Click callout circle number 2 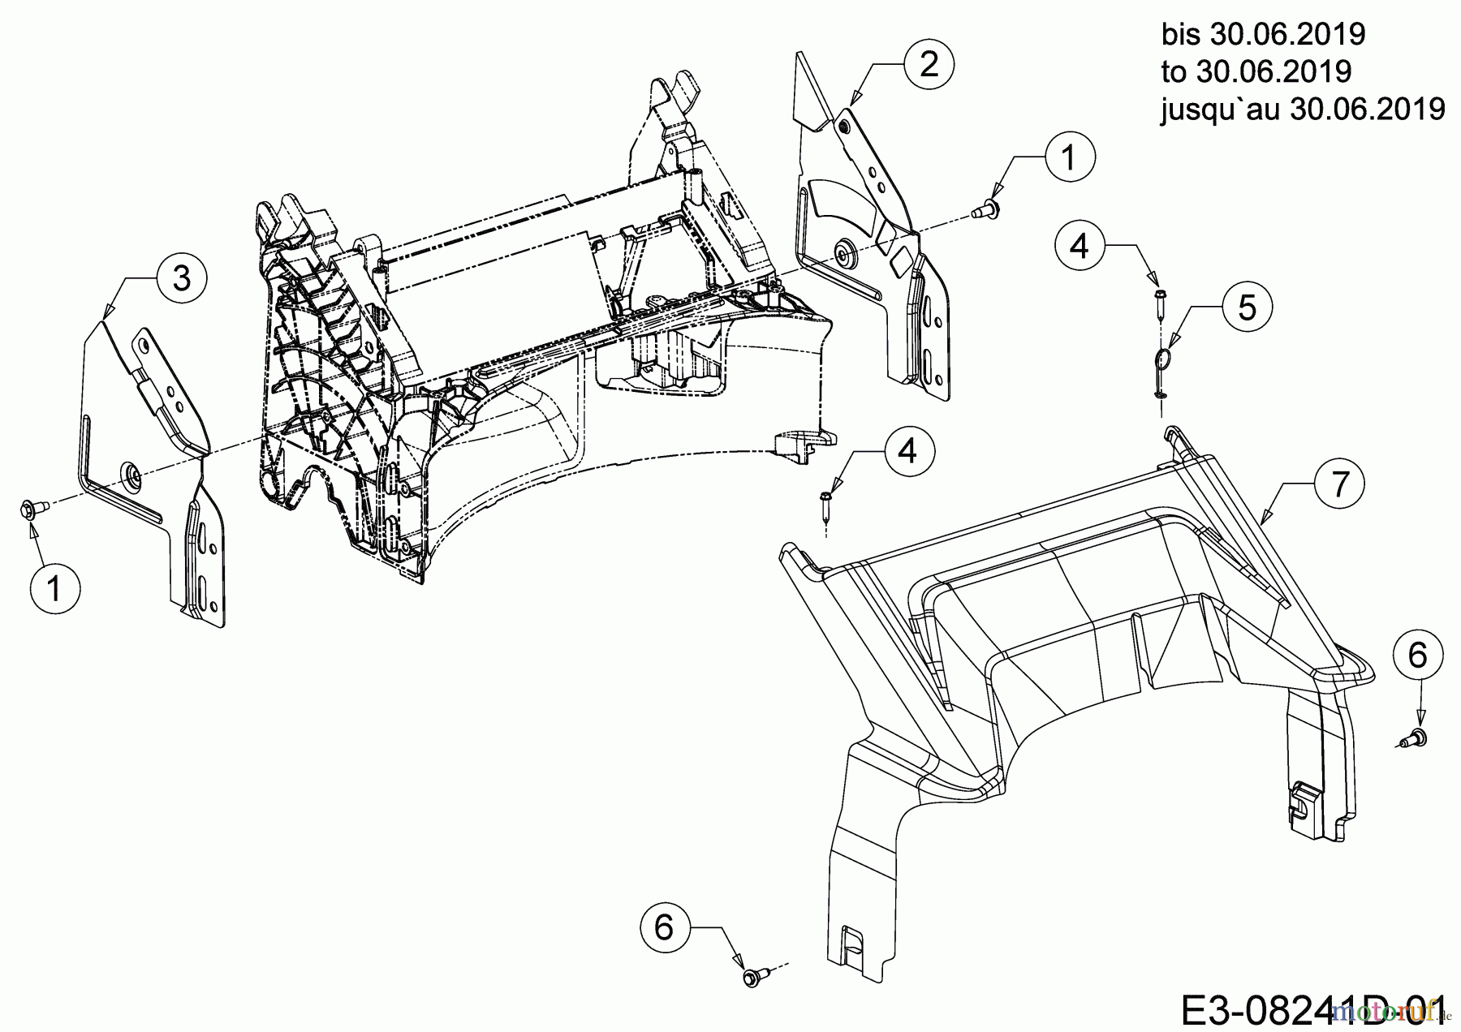[x=929, y=63]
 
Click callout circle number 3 [x=182, y=278]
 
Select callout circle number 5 [x=1248, y=307]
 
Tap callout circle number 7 [x=1340, y=484]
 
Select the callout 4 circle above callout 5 [x=1080, y=244]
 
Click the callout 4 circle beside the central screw [x=908, y=449]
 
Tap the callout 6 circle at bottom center [x=664, y=927]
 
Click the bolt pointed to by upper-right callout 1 [x=986, y=210]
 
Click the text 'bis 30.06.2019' [x=1263, y=35]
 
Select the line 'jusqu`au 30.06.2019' [x=1302, y=109]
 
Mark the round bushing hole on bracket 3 [x=129, y=472]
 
